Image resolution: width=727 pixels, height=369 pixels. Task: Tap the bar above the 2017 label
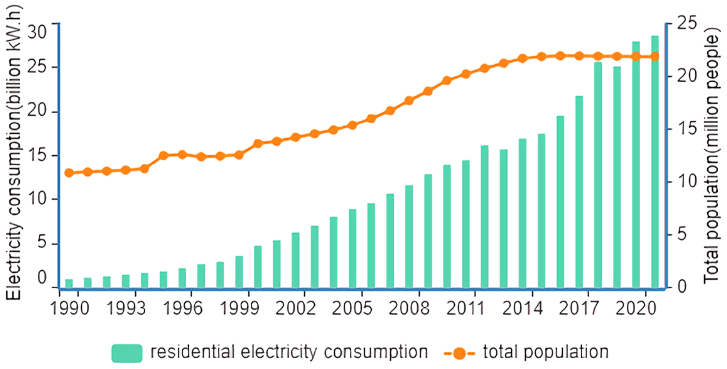(x=579, y=192)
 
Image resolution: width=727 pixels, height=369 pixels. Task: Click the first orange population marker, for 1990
(x=69, y=173)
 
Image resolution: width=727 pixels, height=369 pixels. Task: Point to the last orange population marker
(x=655, y=56)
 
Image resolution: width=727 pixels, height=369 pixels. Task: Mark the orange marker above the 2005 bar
(x=353, y=125)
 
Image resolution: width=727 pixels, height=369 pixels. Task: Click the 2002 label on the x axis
(x=295, y=308)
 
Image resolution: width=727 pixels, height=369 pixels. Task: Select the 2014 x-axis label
(x=522, y=308)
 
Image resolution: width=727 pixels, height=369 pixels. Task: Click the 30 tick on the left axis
(x=37, y=31)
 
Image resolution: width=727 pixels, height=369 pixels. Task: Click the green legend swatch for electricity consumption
(x=127, y=353)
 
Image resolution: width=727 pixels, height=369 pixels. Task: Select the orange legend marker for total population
(x=459, y=353)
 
